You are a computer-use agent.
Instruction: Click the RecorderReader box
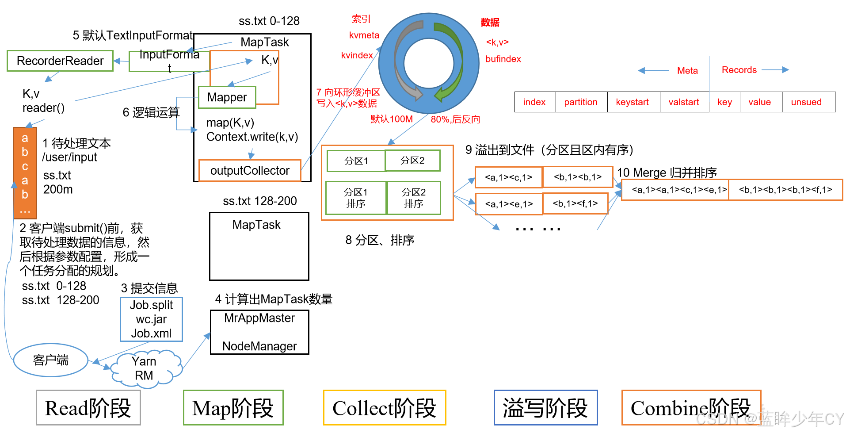click(60, 61)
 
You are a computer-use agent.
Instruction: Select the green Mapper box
click(227, 97)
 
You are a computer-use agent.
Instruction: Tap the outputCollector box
click(250, 171)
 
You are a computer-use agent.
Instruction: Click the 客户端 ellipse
click(50, 360)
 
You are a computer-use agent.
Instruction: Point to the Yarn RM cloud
click(145, 368)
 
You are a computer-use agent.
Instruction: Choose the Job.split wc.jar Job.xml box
click(151, 319)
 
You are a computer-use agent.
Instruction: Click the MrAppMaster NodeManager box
click(259, 332)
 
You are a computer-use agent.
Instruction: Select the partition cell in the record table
click(581, 102)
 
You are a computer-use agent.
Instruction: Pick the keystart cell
click(633, 102)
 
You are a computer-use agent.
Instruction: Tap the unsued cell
click(807, 102)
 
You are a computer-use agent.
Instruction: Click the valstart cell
click(684, 102)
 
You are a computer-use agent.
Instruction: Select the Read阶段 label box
click(88, 408)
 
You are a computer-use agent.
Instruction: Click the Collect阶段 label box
click(385, 408)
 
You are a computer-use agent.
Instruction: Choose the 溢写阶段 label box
click(545, 408)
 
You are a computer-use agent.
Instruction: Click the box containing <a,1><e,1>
click(509, 204)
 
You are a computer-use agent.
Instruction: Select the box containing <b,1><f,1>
click(575, 203)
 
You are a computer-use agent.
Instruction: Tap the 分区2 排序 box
click(414, 198)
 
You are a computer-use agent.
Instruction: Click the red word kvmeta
click(364, 35)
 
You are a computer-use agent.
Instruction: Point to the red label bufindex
click(503, 59)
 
